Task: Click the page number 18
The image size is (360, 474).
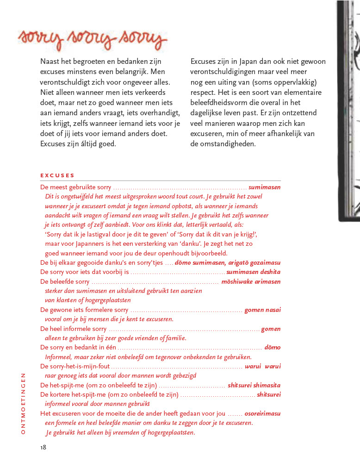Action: (43, 447)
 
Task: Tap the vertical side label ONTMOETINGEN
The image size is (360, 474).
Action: (24, 403)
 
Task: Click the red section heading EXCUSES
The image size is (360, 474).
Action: (57, 175)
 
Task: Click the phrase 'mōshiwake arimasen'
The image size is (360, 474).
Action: (251, 281)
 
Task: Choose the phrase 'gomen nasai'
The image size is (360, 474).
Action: (262, 310)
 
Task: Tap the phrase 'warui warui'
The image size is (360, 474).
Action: (262, 366)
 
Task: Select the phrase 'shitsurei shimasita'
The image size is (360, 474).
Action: (254, 385)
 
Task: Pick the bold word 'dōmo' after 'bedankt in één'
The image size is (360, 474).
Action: (272, 347)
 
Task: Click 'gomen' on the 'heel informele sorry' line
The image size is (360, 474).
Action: (271, 329)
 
